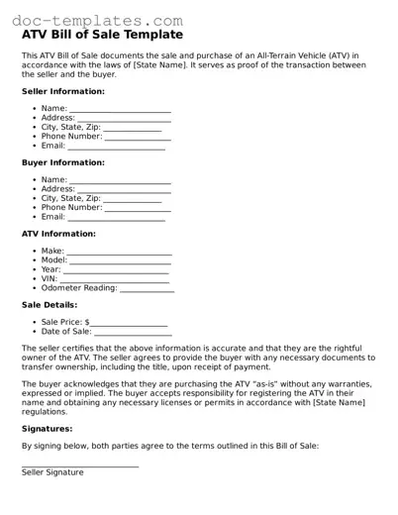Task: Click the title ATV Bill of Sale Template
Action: coord(102,35)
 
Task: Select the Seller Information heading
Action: coord(62,91)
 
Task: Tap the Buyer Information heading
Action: coord(62,162)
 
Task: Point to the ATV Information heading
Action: coord(58,234)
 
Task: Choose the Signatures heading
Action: coord(47,429)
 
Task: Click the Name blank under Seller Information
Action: coord(120,109)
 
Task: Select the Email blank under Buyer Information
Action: coord(116,218)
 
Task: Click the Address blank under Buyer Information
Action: coord(124,189)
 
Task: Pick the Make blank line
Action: coord(119,253)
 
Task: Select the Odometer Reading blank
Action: coord(148,289)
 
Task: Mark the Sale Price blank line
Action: coord(130,324)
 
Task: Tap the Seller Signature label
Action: coord(52,472)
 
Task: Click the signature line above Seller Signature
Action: coord(80,465)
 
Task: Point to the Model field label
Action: coord(53,260)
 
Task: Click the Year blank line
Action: coord(116,270)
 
